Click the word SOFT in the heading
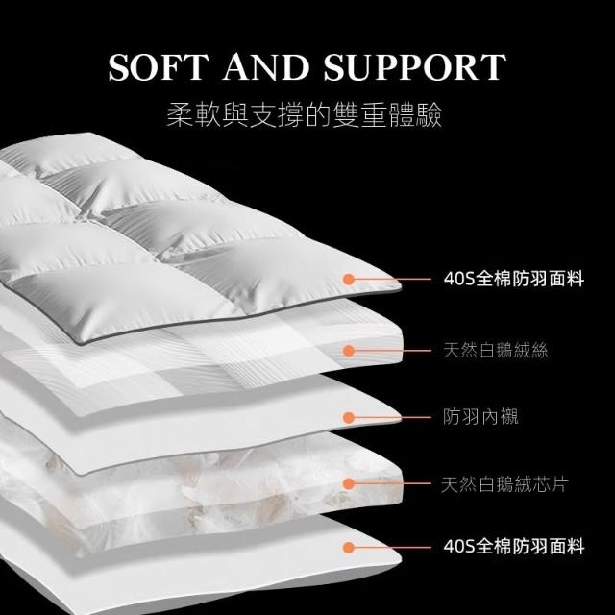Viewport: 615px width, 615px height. click(159, 67)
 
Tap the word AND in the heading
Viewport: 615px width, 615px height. click(266, 67)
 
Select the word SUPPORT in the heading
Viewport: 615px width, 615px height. click(414, 67)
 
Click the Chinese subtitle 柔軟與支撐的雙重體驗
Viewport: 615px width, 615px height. click(305, 115)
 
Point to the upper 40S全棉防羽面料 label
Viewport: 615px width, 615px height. click(514, 279)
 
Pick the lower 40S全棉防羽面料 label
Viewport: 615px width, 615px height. click(514, 547)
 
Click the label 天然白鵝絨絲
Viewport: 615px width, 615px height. click(496, 350)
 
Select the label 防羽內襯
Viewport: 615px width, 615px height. click(480, 417)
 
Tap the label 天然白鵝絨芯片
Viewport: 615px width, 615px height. click(504, 484)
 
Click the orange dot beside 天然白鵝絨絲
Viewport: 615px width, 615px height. click(348, 351)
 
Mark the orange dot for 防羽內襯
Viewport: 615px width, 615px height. click(348, 418)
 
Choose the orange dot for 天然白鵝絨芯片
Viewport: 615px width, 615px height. click(348, 484)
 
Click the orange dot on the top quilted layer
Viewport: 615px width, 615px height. click(348, 280)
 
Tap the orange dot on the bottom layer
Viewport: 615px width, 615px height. click(348, 548)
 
